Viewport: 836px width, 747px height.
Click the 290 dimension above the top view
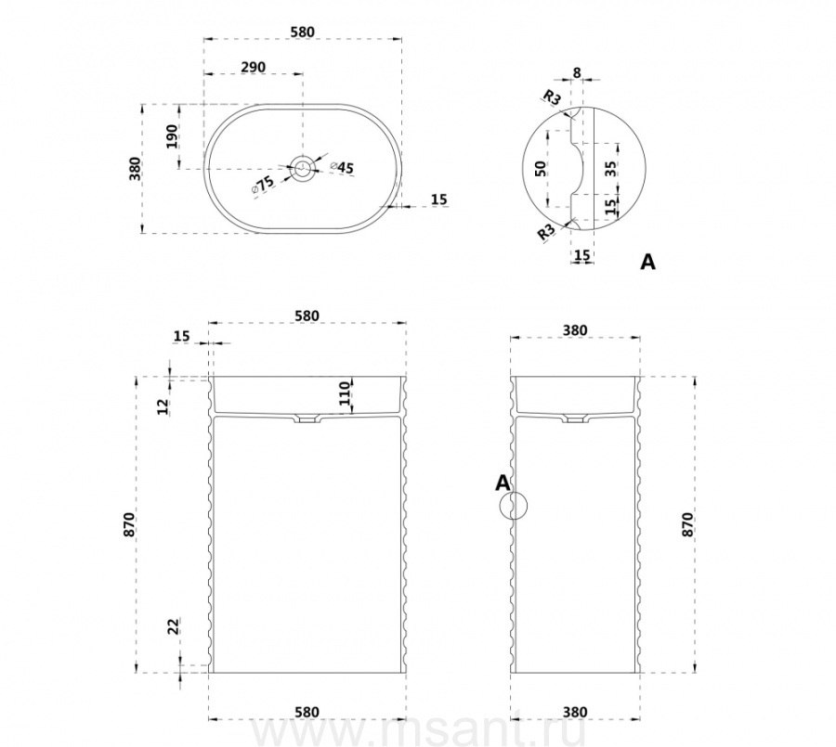tap(254, 68)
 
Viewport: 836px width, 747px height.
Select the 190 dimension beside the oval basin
tap(172, 136)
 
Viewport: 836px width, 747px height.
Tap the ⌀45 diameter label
tap(342, 167)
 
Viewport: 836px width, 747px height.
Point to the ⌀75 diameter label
tap(263, 184)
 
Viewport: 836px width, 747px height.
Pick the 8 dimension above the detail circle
tap(577, 72)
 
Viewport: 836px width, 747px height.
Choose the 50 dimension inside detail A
tap(541, 169)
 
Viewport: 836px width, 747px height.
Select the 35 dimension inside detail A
tap(610, 169)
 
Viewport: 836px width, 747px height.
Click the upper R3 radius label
tap(552, 97)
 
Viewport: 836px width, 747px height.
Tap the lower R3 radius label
tap(545, 232)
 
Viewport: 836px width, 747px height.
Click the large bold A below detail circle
tap(647, 262)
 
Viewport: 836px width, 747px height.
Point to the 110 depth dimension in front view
tap(346, 393)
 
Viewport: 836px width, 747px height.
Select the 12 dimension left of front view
tap(163, 406)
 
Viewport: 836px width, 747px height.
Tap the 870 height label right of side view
tap(687, 524)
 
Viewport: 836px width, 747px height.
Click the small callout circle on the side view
tap(513, 505)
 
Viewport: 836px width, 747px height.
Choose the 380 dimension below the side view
tap(575, 712)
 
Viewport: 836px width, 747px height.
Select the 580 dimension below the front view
tap(307, 712)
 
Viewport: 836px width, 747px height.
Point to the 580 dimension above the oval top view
tap(302, 32)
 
